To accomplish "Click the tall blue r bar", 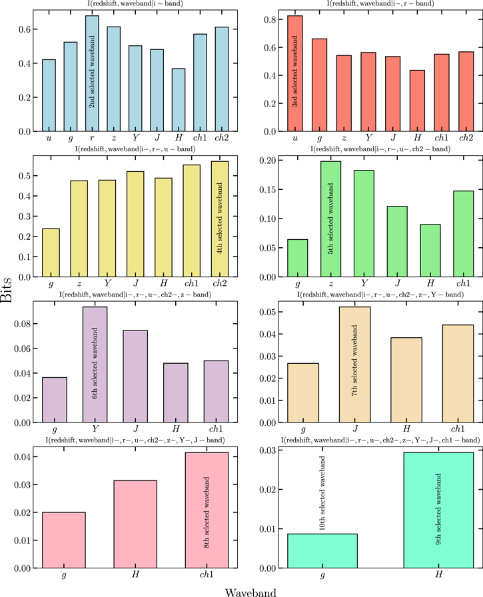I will pos(93,73).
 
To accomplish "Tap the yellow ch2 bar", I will pos(219,219).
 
